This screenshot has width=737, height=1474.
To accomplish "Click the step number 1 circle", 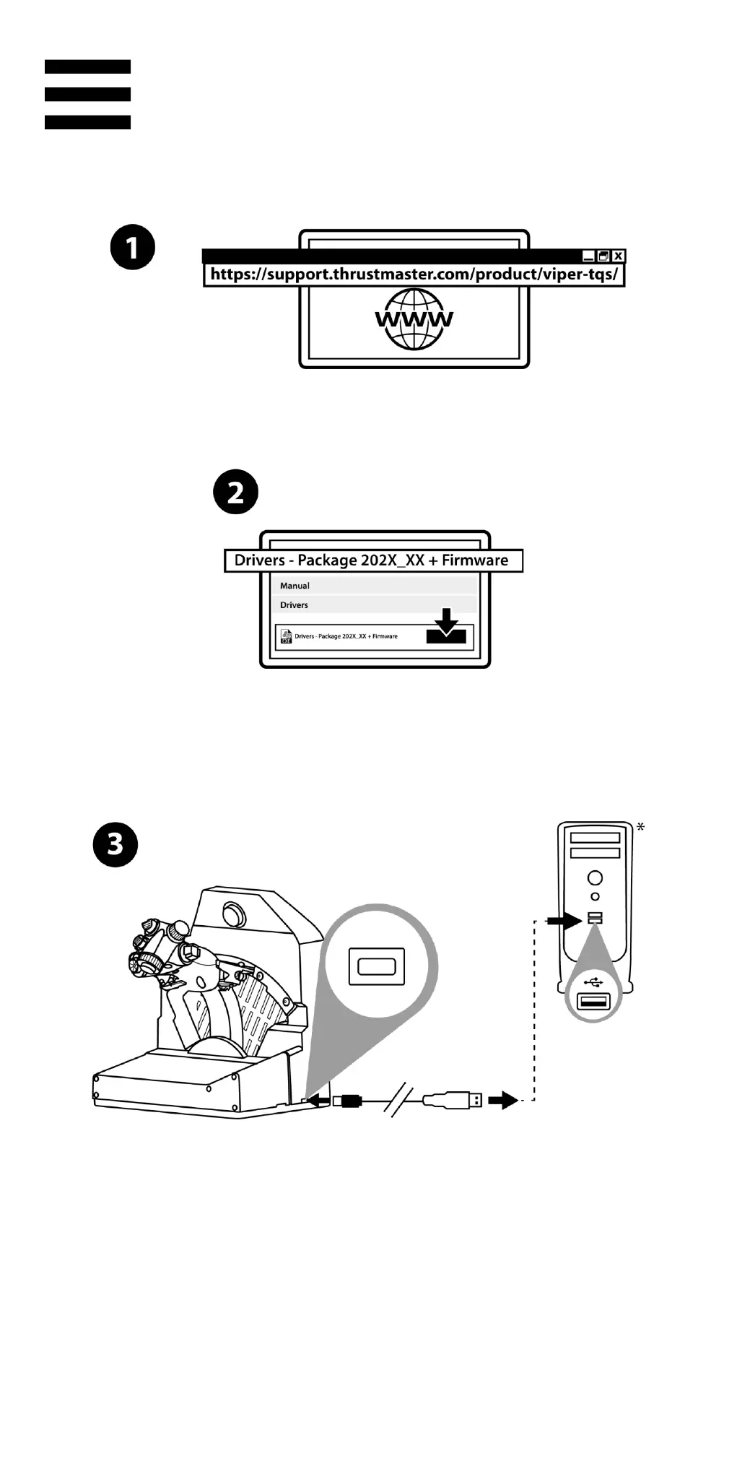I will [x=133, y=247].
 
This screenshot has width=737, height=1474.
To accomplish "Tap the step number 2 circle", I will [x=236, y=493].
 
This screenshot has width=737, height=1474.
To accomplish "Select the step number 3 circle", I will [x=115, y=844].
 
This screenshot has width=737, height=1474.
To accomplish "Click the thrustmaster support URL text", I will [x=414, y=274].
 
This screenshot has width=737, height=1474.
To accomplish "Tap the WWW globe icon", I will [x=414, y=318].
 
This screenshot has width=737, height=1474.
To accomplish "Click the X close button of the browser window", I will [x=619, y=256].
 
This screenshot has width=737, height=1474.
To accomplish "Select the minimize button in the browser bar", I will [x=588, y=256].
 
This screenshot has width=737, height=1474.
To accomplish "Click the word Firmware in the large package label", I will [x=475, y=560].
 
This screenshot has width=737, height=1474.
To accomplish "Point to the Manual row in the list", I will [x=295, y=586].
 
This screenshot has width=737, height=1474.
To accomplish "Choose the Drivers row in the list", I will [x=295, y=605].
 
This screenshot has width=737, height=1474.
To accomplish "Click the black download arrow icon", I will [x=447, y=626].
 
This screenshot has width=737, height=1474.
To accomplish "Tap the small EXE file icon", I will [x=286, y=636].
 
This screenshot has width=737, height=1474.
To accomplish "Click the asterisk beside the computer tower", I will [x=640, y=826].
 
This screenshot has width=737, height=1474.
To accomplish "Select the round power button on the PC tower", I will [x=595, y=877].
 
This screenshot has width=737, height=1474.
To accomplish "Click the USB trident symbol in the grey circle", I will [x=593, y=983].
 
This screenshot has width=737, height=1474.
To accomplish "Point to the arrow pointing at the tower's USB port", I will [x=564, y=921].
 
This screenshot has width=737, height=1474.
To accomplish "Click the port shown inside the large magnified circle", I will [x=376, y=966].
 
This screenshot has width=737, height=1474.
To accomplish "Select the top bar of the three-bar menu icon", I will [x=87, y=66].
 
